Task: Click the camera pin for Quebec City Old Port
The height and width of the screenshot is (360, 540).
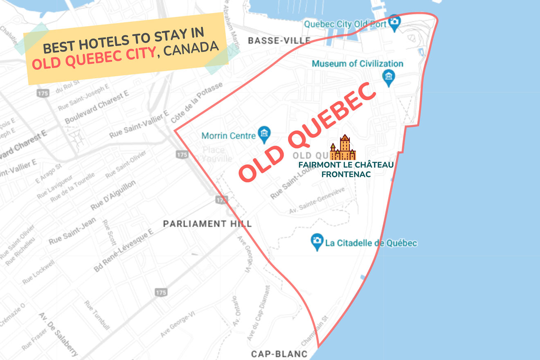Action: [394, 23]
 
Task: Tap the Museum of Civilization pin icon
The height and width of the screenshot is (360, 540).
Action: [388, 77]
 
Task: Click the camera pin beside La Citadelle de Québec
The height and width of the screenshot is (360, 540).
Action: [316, 242]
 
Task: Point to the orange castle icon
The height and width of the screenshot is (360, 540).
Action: [343, 148]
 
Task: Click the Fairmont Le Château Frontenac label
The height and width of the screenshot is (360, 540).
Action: [346, 169]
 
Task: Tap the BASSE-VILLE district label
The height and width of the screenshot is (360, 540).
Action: [279, 40]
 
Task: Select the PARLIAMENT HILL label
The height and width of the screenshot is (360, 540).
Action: [207, 224]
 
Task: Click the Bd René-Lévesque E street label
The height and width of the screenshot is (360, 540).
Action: [123, 251]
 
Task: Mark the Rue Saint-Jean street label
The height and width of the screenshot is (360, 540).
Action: [72, 232]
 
